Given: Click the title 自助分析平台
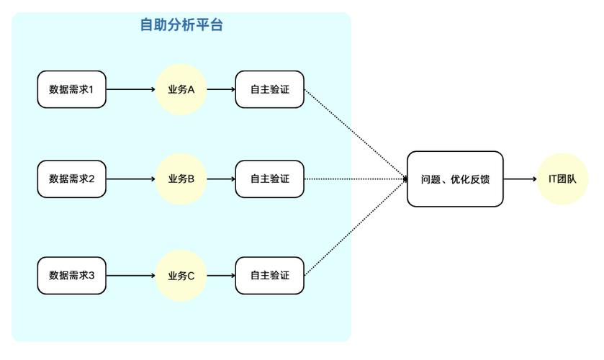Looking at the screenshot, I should [x=181, y=25].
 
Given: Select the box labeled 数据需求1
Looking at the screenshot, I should [x=72, y=90].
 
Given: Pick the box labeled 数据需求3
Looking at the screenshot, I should [x=72, y=275].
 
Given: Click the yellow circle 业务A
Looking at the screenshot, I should [x=181, y=90].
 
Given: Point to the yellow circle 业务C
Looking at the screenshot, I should [x=181, y=275].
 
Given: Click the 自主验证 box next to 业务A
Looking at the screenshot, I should [x=269, y=90].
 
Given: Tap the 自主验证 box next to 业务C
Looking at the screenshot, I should [x=269, y=275].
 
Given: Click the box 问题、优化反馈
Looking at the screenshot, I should [x=455, y=179].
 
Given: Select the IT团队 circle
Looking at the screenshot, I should [x=562, y=179].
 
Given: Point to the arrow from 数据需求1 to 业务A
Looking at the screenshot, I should [x=131, y=90].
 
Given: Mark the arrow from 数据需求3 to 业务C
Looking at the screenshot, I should [x=131, y=275].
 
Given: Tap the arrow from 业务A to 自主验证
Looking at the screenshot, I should [x=220, y=90].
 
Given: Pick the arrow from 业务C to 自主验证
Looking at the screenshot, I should [x=220, y=275].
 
